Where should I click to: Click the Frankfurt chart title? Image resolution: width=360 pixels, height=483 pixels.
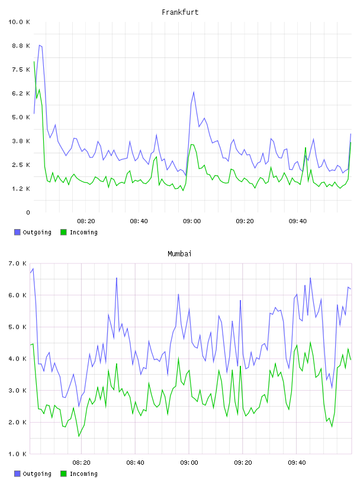point(180,12)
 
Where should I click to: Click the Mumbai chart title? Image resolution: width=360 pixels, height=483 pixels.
point(179,254)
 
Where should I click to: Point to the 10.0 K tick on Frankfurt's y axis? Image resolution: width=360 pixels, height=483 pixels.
point(19,22)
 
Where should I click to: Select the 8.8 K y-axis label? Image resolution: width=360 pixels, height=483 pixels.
point(21,46)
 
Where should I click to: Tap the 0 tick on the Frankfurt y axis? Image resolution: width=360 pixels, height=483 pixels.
point(28,212)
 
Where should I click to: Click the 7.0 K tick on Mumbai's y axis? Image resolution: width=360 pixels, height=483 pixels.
point(17,263)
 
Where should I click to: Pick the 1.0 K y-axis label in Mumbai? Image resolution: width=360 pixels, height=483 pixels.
point(17,454)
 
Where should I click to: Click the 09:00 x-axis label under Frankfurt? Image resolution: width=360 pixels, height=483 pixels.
point(192,221)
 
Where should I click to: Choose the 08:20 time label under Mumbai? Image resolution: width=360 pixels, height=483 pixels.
point(81,463)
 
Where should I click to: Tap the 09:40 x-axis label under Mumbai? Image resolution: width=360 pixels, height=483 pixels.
point(297,463)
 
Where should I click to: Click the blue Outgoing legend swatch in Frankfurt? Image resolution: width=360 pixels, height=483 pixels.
point(17,232)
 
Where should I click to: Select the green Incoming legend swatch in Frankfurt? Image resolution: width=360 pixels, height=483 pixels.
point(63,232)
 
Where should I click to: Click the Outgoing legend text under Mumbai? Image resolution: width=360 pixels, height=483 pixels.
point(37,474)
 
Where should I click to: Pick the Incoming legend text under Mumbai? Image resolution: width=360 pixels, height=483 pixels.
point(83,474)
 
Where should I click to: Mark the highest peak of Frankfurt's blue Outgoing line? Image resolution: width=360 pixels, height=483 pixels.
point(40,45)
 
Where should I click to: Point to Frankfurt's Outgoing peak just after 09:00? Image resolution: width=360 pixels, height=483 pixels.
point(194,92)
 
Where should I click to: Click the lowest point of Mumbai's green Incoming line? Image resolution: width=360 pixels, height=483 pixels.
point(79,436)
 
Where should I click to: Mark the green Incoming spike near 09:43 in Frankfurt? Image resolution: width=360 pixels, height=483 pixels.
point(306,148)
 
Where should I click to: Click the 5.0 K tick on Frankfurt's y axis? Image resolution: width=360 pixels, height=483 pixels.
point(21,117)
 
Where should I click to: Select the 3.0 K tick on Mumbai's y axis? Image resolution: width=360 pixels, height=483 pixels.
point(17,390)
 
